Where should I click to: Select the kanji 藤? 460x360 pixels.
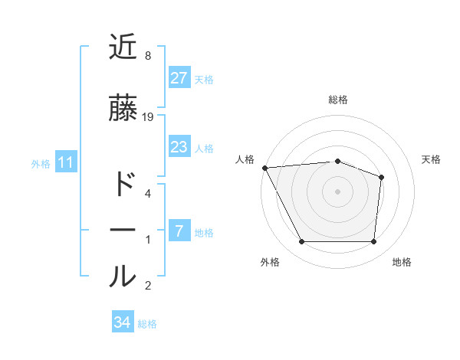point(123,108)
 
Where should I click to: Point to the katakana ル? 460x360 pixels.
point(123,277)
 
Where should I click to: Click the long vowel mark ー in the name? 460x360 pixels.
point(123,231)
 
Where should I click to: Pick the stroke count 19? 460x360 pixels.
point(148,116)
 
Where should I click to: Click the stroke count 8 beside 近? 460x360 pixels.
point(148,55)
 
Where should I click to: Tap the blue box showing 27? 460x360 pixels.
point(179,77)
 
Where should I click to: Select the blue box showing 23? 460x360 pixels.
point(179,147)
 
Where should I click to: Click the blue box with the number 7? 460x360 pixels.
point(179,231)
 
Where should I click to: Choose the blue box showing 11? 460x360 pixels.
point(65,162)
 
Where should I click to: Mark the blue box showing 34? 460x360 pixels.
point(122,322)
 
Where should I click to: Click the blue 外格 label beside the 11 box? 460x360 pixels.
point(40,163)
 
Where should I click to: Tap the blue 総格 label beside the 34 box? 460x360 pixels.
point(147,324)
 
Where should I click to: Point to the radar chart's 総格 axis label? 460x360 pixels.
point(338,100)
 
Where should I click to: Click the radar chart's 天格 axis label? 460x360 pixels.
point(432,159)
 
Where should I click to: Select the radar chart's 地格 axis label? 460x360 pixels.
point(402,262)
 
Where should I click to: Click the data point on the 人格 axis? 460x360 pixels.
point(264,167)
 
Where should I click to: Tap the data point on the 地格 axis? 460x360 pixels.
point(374,242)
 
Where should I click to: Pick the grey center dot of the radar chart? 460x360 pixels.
point(337,191)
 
